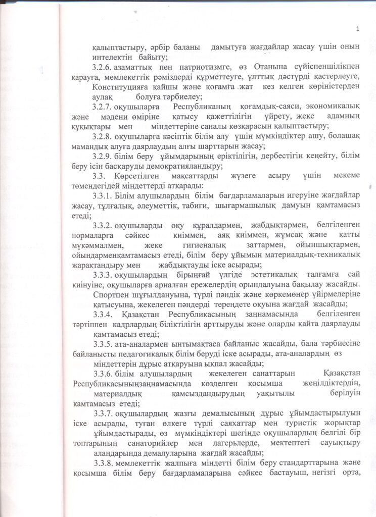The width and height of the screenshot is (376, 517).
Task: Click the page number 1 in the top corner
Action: pos(357,28)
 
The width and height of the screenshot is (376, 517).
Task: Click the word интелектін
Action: pos(111,58)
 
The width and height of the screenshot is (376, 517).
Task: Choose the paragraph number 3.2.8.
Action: pos(103,136)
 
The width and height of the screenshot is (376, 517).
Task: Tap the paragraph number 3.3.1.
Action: pos(103,196)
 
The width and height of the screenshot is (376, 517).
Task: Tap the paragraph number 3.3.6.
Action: pos(103,374)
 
